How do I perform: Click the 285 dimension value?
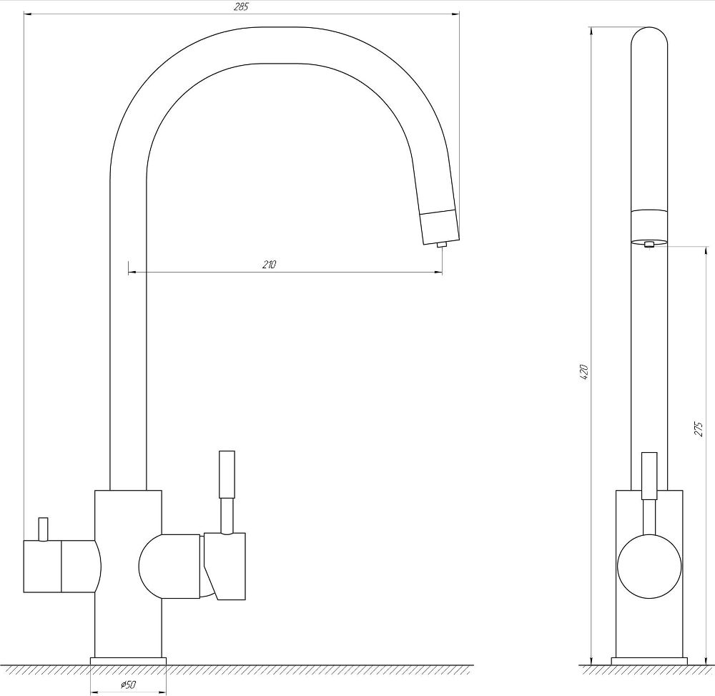[241, 7]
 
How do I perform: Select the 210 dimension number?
[269, 265]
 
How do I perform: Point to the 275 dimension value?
[699, 429]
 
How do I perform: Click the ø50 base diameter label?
[128, 685]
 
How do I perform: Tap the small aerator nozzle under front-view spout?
[441, 245]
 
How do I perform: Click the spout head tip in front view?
[439, 227]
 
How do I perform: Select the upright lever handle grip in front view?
[227, 474]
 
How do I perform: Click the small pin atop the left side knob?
[43, 529]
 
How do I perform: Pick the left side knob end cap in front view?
[42, 566]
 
